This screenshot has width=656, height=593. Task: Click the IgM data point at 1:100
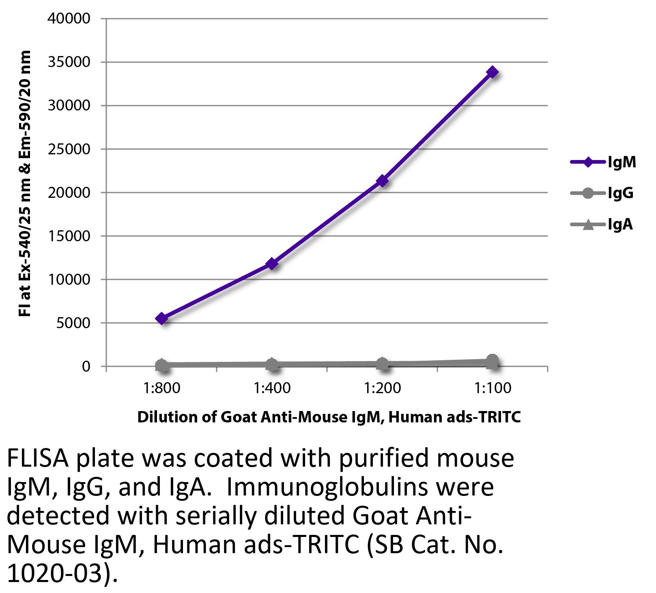point(493,72)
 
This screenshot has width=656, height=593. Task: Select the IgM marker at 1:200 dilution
point(382,181)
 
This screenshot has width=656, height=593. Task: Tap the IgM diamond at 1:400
point(272,264)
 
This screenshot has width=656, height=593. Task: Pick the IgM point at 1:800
point(161,318)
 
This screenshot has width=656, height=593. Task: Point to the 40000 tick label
point(69,19)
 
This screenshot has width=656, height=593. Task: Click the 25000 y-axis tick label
point(69,149)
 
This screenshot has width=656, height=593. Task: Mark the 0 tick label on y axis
point(86,367)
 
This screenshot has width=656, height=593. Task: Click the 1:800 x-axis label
point(161,388)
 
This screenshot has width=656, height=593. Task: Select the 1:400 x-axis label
point(272,388)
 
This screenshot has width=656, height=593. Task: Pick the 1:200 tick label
point(382,388)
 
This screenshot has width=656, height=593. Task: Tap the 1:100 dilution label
point(493,388)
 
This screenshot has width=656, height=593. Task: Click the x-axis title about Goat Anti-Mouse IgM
point(329,417)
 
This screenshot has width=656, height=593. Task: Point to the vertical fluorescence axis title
point(25,184)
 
